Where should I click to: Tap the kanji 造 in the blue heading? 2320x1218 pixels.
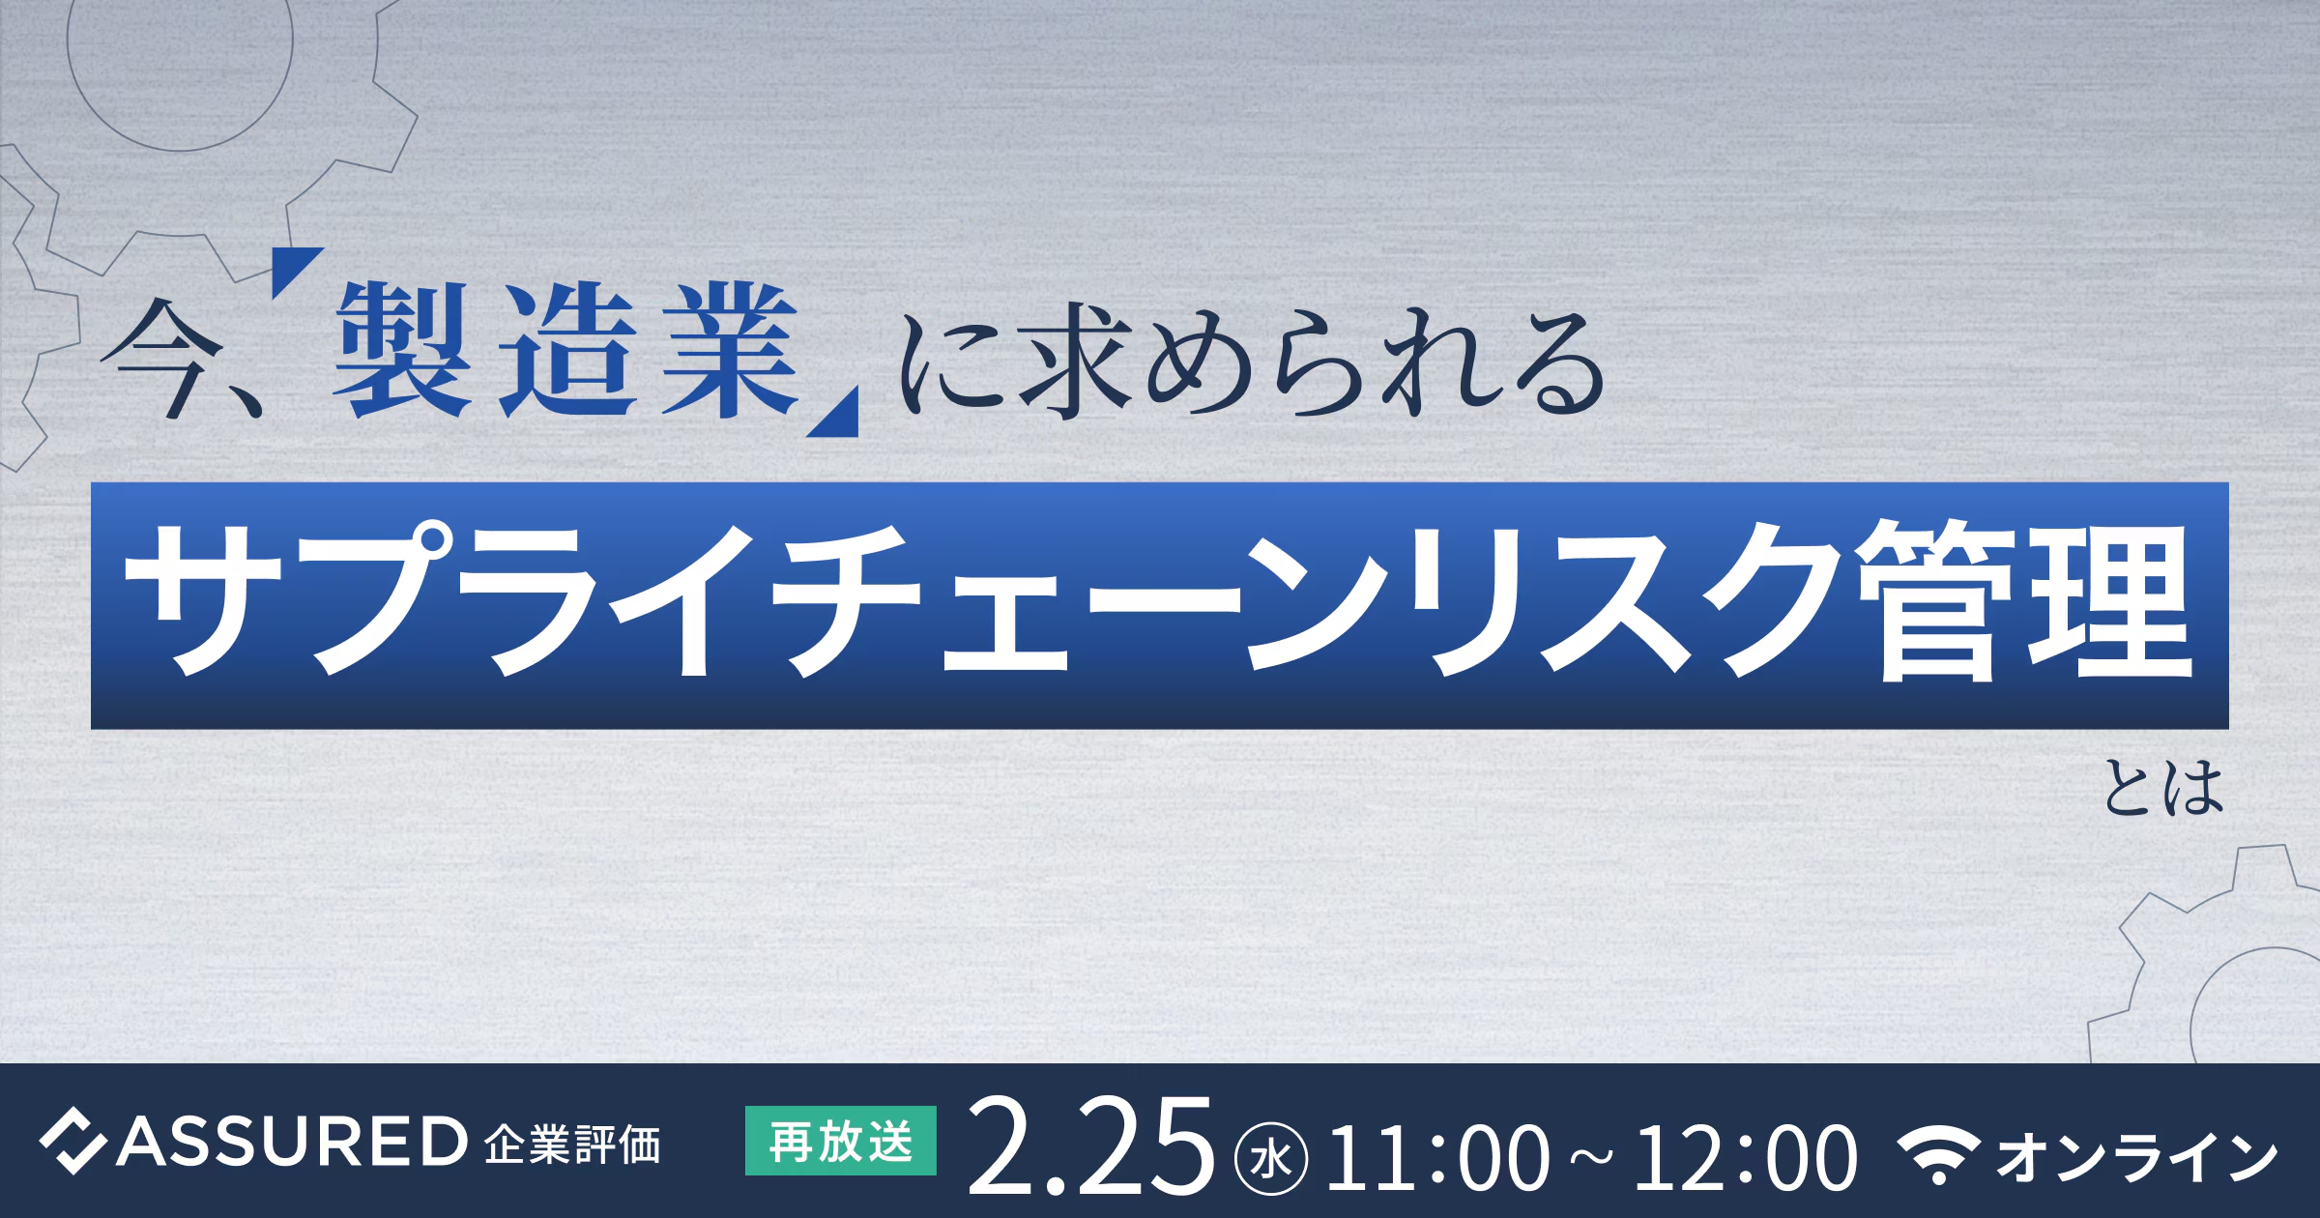tap(567, 350)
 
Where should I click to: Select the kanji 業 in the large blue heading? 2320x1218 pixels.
tap(731, 350)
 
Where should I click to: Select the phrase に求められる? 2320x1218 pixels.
tap(1252, 363)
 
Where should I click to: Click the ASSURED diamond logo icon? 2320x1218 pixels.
tap(72, 1142)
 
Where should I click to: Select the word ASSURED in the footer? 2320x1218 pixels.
tap(292, 1142)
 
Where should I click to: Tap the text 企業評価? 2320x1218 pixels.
tap(572, 1145)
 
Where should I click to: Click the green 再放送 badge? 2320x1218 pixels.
tap(840, 1141)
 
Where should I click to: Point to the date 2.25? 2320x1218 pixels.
tap(1090, 1145)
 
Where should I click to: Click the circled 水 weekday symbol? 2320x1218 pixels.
tap(1271, 1158)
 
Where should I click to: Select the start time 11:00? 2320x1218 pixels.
tap(1436, 1157)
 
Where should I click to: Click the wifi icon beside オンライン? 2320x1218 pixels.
tap(1938, 1152)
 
